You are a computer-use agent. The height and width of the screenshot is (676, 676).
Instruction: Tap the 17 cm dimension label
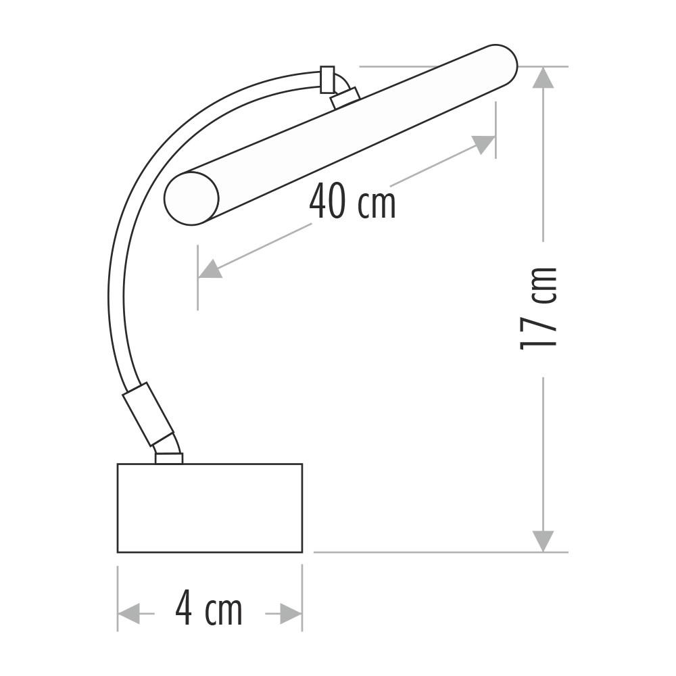539,308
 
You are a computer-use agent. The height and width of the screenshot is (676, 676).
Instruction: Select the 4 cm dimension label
209,609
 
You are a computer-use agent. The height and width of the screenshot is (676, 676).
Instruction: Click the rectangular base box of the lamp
210,508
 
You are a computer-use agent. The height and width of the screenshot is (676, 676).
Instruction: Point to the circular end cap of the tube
191,198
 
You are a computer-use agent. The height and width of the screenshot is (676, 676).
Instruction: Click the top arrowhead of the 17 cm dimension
543,78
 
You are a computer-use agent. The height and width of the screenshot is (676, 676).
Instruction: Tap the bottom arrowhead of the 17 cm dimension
543,541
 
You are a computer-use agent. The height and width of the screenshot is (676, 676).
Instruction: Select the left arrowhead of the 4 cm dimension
128,614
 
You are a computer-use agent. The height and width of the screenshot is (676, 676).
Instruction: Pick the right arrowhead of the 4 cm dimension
291,614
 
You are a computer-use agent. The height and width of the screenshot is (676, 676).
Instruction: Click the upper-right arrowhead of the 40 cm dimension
484,143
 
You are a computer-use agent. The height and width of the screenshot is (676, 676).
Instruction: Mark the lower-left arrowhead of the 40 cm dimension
210,269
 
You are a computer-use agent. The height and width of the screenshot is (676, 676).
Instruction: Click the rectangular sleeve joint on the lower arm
148,414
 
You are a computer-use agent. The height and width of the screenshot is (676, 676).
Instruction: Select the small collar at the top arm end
327,79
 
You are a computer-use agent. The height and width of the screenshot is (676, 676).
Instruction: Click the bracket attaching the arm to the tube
345,98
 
